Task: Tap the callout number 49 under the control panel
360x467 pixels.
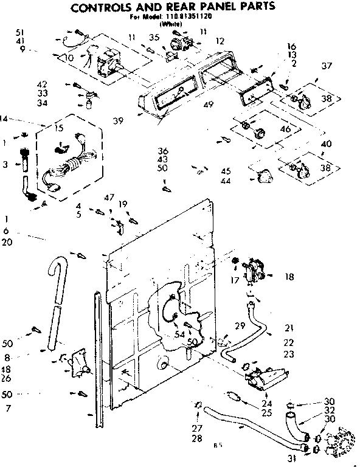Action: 209,105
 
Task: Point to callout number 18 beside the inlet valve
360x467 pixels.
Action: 289,277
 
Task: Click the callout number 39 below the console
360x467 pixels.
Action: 118,120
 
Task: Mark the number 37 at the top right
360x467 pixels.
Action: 328,66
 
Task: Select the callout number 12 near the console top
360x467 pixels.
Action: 220,41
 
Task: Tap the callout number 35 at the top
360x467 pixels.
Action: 154,38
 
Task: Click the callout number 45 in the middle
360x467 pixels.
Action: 226,171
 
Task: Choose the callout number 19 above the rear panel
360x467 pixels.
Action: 123,204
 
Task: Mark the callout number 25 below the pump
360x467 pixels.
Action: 266,413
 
